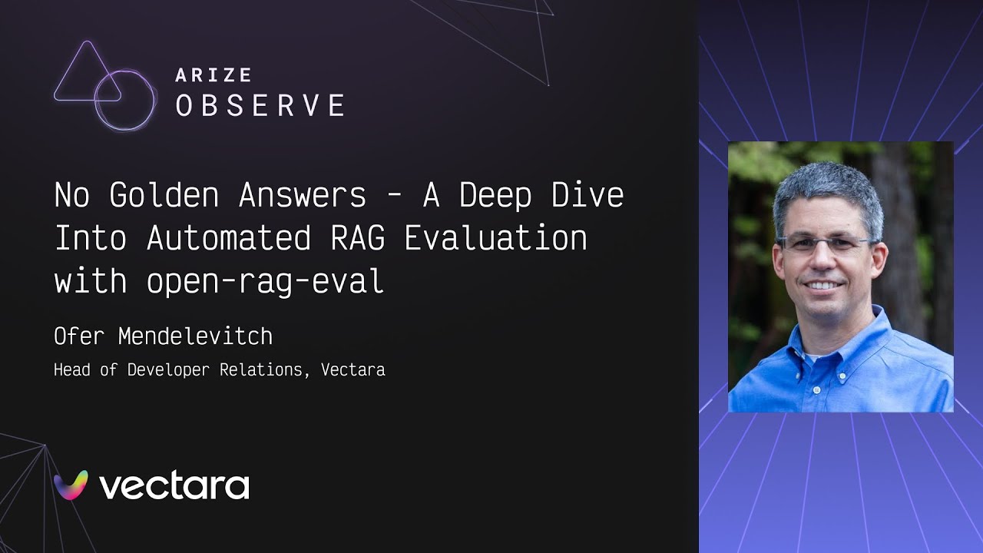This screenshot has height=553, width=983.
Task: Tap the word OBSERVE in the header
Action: pos(260,106)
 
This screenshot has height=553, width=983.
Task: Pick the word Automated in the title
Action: pos(228,238)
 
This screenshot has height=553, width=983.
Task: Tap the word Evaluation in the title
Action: pos(495,238)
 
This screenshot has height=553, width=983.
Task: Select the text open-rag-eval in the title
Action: pos(265,281)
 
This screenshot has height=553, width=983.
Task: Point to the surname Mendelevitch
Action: pos(195,336)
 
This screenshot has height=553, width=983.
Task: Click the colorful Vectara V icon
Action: pos(71,485)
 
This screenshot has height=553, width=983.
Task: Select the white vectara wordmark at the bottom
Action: pos(174,486)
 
